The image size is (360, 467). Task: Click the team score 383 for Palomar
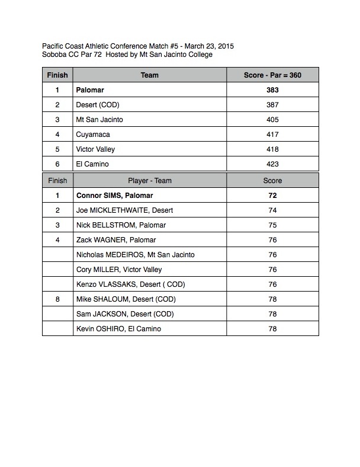(272, 91)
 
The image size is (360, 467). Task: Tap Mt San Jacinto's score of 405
(272, 120)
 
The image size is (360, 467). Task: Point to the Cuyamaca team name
(93, 135)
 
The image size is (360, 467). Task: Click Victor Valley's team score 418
(272, 150)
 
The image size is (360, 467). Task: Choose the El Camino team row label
(92, 165)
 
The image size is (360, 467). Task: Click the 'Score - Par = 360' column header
(272, 75)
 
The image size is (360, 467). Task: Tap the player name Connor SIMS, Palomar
(118, 196)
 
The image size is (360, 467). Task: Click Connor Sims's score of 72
(272, 196)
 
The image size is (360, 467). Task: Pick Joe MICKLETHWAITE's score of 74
(272, 210)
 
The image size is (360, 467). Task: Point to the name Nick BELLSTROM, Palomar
(121, 225)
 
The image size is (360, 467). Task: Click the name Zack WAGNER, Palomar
(116, 240)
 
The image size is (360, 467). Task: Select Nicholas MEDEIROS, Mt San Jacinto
(136, 255)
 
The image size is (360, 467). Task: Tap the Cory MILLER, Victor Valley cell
(119, 270)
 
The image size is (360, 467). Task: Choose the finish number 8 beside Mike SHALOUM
(57, 299)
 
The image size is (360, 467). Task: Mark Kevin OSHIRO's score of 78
(272, 329)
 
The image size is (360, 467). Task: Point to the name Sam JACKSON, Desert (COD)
(125, 314)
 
